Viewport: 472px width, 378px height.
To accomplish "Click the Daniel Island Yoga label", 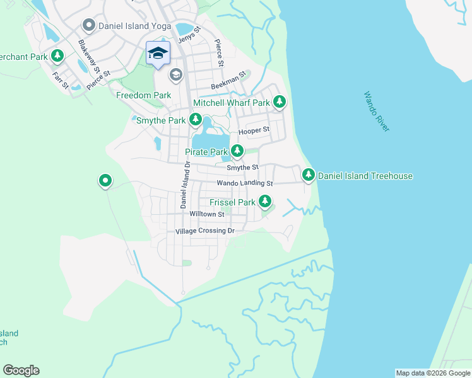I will [130, 26].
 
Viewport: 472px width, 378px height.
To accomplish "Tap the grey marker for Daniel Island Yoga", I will [88, 26].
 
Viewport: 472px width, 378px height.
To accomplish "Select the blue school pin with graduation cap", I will [158, 54].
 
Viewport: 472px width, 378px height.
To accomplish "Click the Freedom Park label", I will [144, 95].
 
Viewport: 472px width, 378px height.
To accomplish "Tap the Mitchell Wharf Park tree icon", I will [279, 101].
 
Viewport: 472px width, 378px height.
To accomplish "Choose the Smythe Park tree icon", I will [196, 119].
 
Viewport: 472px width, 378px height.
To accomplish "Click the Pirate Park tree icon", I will [237, 151].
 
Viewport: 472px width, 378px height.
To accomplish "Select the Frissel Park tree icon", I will [265, 202].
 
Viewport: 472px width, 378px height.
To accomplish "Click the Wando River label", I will [377, 112].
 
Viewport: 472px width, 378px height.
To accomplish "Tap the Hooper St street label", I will [254, 131].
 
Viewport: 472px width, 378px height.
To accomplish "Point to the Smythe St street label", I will [242, 168].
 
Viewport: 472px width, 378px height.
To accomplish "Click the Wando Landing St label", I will [244, 183].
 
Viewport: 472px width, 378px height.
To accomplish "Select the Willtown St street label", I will [207, 214].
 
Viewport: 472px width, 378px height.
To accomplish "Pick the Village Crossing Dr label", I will [204, 231].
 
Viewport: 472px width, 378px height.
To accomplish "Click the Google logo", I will [21, 370].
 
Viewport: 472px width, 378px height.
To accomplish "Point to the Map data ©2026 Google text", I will [433, 373].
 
